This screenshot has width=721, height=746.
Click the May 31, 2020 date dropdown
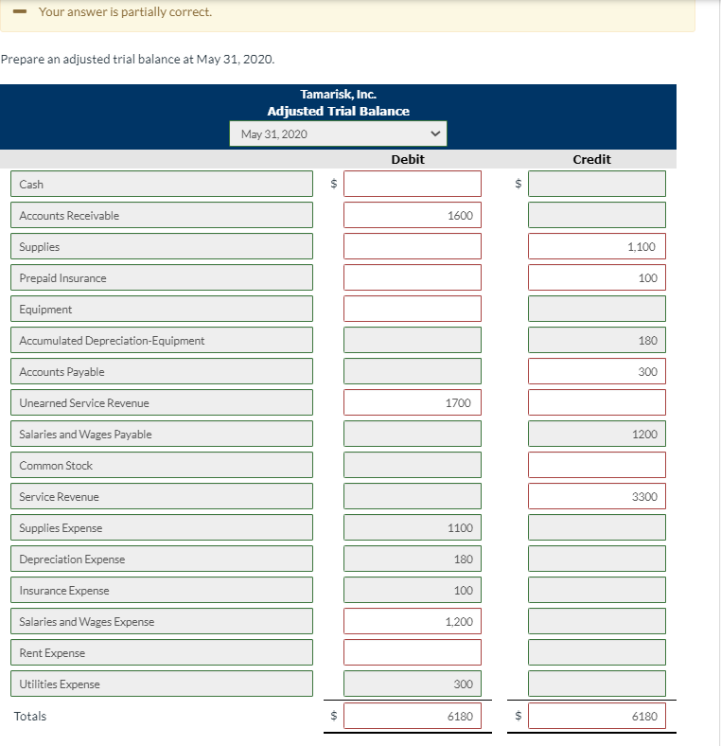[338, 134]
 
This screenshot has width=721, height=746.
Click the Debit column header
[408, 160]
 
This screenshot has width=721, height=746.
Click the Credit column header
[592, 160]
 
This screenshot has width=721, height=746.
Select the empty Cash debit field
[413, 184]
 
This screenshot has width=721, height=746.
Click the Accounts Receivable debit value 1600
[413, 215]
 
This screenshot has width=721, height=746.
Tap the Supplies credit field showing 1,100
[597, 246]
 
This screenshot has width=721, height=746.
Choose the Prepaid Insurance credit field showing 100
[597, 277]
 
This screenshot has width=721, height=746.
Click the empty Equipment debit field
[413, 309]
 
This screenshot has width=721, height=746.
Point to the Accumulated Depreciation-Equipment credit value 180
[597, 340]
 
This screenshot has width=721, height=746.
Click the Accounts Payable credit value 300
[597, 371]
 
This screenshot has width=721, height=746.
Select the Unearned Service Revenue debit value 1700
[413, 402]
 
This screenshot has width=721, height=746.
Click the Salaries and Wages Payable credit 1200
[597, 434]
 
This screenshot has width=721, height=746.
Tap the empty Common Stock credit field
[597, 465]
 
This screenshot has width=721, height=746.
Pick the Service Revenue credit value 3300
[597, 496]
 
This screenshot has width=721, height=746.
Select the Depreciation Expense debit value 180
[413, 559]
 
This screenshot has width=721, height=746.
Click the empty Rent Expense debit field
[413, 652]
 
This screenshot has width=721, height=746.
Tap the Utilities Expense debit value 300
[413, 684]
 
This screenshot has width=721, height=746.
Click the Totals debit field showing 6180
[413, 716]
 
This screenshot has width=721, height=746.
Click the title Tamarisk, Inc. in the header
[338, 95]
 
